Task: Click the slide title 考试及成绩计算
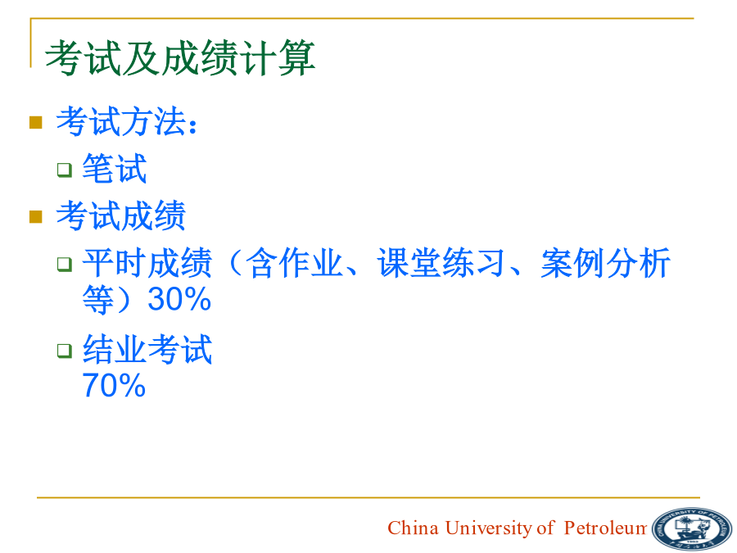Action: pyautogui.click(x=180, y=57)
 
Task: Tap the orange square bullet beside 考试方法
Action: pyautogui.click(x=36, y=122)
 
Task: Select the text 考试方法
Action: pyautogui.click(x=121, y=121)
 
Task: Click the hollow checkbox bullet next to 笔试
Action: pyautogui.click(x=65, y=170)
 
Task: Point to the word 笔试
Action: pyautogui.click(x=115, y=168)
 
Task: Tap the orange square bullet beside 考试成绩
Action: pyautogui.click(x=36, y=216)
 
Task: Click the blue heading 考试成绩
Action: pyautogui.click(x=121, y=215)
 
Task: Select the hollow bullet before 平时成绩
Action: pyautogui.click(x=65, y=265)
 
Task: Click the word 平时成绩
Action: pyautogui.click(x=147, y=263)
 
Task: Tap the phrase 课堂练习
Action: pyautogui.click(x=441, y=263)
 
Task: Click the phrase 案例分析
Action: pyautogui.click(x=605, y=263)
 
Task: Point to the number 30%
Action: pyautogui.click(x=179, y=299)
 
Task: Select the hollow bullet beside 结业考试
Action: pyautogui.click(x=65, y=351)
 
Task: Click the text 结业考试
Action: pyautogui.click(x=147, y=349)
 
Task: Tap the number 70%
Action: pyautogui.click(x=114, y=386)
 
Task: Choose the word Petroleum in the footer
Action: pyautogui.click(x=605, y=528)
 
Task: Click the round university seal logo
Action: pyautogui.click(x=692, y=528)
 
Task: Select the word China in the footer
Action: pyautogui.click(x=413, y=528)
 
